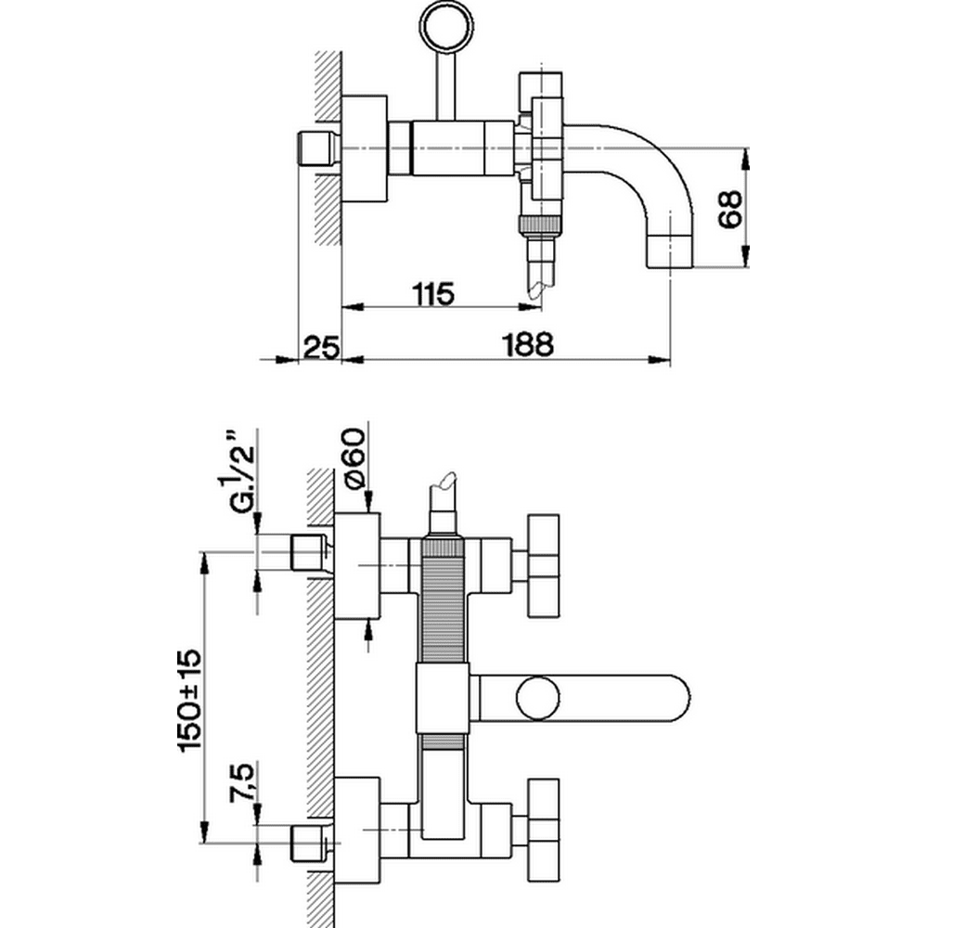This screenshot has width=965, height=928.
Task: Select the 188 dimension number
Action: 529,344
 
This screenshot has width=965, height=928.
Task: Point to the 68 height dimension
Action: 730,209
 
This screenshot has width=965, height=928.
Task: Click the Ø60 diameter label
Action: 355,459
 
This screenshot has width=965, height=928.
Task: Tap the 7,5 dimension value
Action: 242,783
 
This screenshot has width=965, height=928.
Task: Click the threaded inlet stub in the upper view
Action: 317,148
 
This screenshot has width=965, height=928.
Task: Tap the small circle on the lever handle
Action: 538,699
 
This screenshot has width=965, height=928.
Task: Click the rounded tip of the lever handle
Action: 682,699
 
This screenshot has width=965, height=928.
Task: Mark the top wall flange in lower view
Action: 357,565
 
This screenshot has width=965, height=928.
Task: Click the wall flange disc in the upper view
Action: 365,148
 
